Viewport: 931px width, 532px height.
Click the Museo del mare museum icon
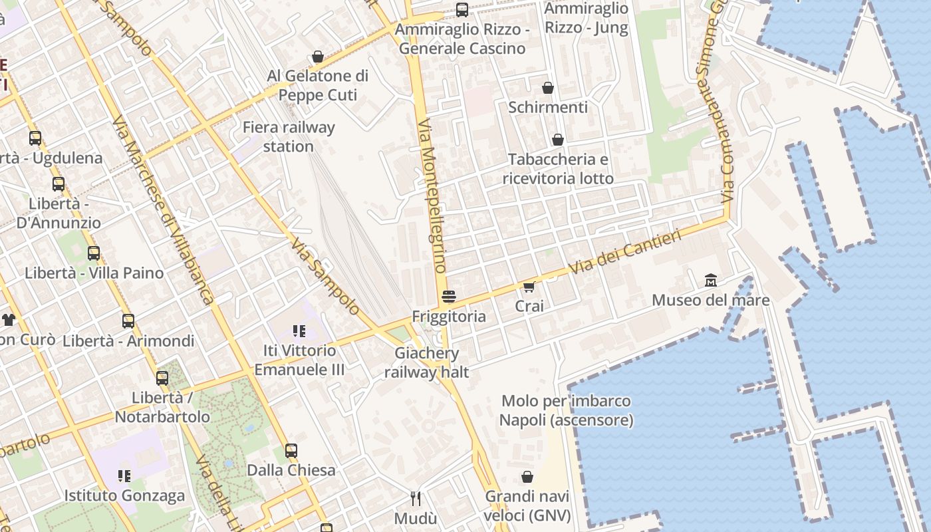tap(710, 281)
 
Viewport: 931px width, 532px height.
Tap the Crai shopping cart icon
tap(529, 287)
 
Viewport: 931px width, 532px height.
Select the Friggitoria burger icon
tap(449, 297)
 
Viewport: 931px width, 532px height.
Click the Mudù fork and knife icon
tap(416, 499)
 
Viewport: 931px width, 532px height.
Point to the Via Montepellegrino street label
tap(432, 196)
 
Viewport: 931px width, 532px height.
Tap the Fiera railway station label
tap(289, 136)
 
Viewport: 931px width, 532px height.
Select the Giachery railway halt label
tap(426, 362)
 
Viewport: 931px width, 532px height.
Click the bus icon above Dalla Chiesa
tap(291, 451)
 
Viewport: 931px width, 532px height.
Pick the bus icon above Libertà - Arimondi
tap(128, 321)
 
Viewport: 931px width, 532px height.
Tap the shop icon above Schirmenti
tap(548, 88)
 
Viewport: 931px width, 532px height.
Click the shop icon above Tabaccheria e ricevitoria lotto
tap(557, 140)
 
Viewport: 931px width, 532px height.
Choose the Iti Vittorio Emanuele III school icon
tap(299, 331)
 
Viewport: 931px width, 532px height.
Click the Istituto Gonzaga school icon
tap(124, 475)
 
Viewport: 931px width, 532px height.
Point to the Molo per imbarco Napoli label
tap(566, 410)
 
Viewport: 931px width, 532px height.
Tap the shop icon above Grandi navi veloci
tap(527, 477)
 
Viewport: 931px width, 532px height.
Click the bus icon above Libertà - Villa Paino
tap(94, 253)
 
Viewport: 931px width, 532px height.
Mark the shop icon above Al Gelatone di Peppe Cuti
tap(318, 57)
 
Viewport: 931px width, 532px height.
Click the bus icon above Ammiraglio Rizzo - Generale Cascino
tap(462, 10)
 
